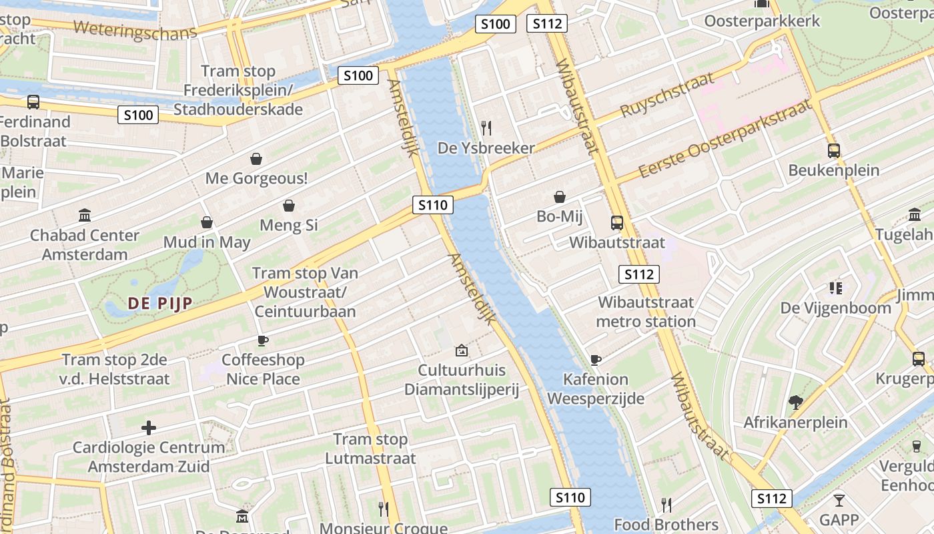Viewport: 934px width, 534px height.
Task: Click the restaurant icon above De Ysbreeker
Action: pos(486,128)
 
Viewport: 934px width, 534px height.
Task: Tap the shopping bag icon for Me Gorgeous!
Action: pos(256,159)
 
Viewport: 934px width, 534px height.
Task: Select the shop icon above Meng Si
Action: pos(289,206)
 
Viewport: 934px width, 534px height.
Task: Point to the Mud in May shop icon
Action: pos(207,222)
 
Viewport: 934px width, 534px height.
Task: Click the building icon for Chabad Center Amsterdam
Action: pos(85,216)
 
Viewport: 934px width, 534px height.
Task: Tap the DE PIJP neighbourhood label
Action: pos(160,304)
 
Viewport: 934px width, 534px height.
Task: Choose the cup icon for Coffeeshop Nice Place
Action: pos(263,340)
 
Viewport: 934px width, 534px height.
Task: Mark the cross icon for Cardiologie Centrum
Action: pos(149,427)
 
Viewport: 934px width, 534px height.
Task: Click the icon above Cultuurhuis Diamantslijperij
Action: pos(461,350)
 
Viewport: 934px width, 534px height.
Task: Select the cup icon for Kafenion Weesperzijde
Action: pos(596,360)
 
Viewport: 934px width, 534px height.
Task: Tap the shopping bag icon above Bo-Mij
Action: pos(560,197)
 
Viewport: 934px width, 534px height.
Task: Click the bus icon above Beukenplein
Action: pos(833,151)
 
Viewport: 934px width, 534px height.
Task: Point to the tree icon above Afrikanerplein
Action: pos(795,403)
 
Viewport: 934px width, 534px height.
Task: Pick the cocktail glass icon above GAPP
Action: pos(839,500)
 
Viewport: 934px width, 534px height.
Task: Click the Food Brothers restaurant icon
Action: pos(665,505)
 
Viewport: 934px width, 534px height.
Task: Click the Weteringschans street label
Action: pos(135,31)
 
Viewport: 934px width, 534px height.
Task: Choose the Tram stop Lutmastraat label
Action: pos(370,449)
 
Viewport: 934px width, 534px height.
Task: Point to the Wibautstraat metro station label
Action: pos(646,312)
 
